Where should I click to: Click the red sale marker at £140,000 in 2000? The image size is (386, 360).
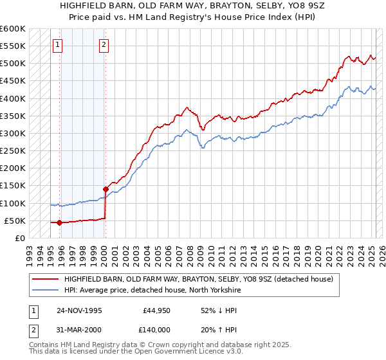105,189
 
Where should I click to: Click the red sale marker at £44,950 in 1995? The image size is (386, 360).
59,222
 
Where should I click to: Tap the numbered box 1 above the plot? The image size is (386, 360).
59,45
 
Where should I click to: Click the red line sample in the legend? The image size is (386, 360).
45,280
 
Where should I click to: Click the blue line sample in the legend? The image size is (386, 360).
45,291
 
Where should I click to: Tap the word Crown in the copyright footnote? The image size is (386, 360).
146,345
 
